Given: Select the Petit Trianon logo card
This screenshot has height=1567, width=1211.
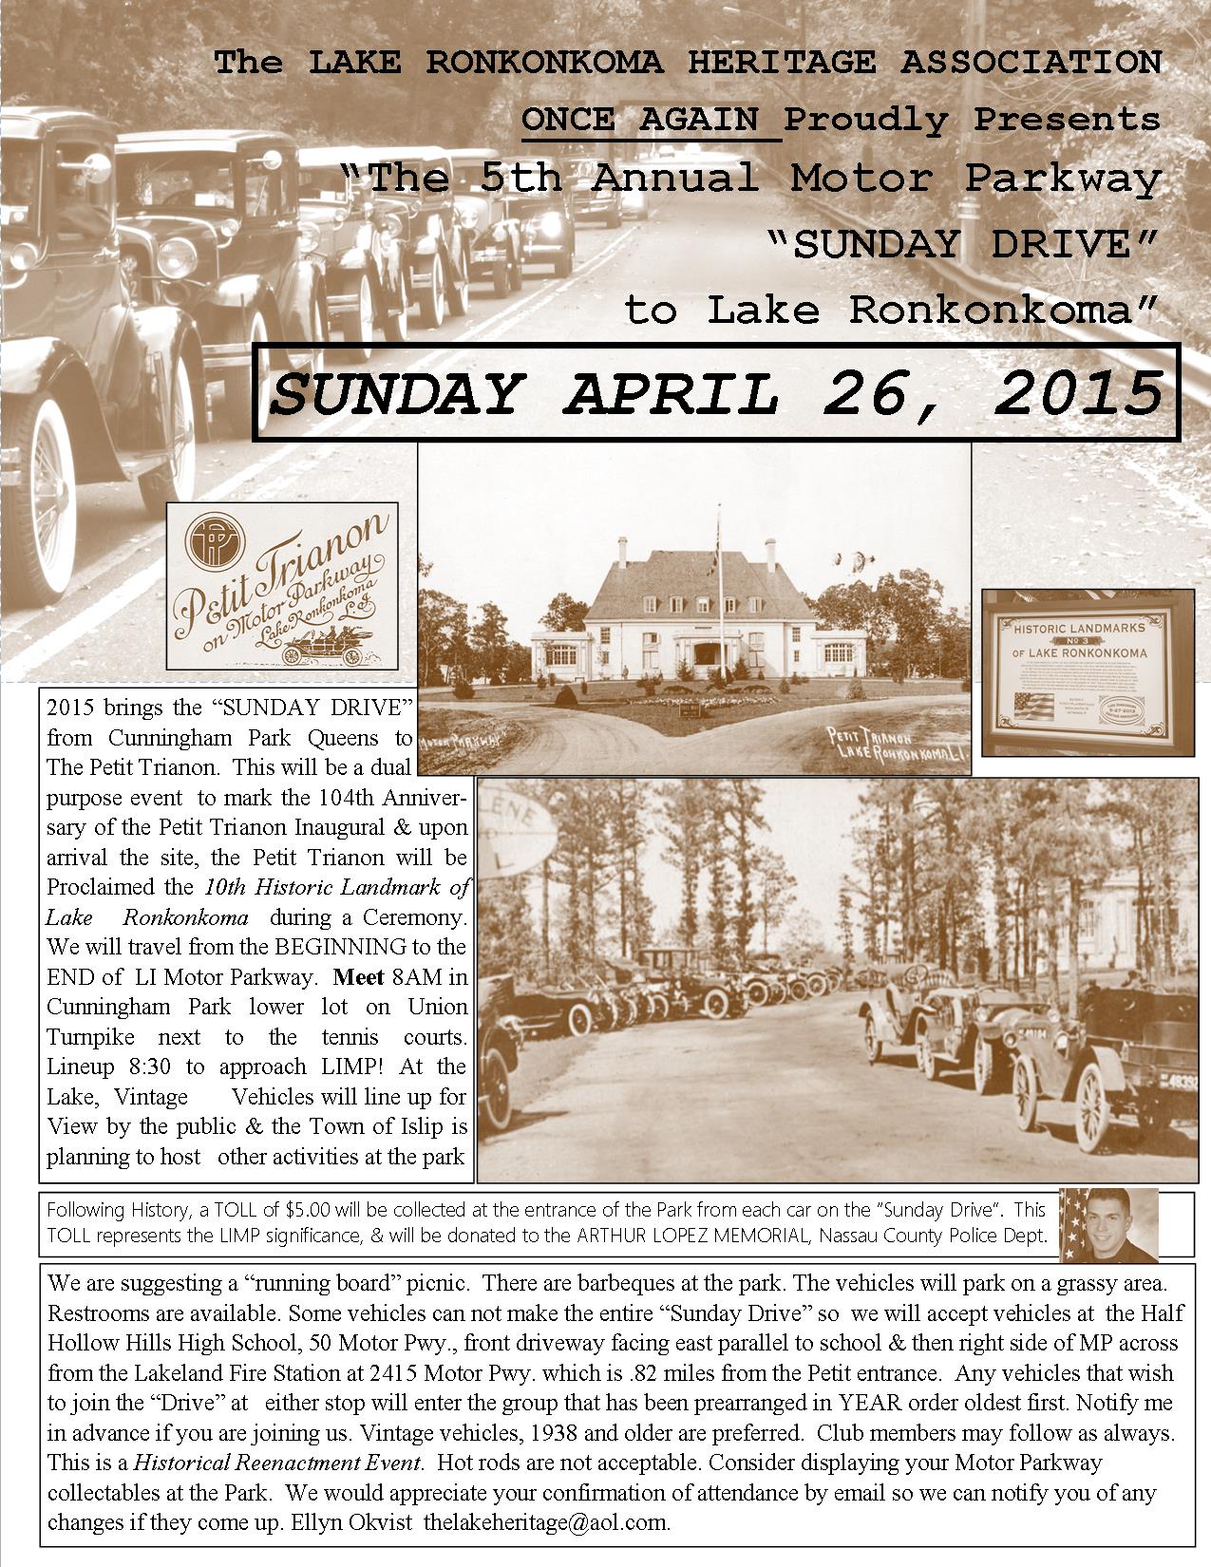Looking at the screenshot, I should [282, 586].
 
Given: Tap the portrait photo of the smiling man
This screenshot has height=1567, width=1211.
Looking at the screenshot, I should [1108, 1224].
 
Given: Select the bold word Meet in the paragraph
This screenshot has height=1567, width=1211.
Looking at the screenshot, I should [357, 976].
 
